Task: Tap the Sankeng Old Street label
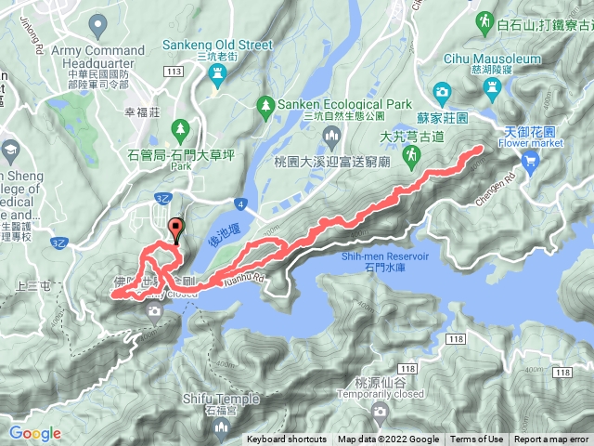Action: (x=218, y=44)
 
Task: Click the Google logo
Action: (x=34, y=433)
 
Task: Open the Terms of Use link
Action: (x=477, y=439)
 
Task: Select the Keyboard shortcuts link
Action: (x=287, y=439)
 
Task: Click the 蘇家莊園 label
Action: (x=468, y=119)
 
